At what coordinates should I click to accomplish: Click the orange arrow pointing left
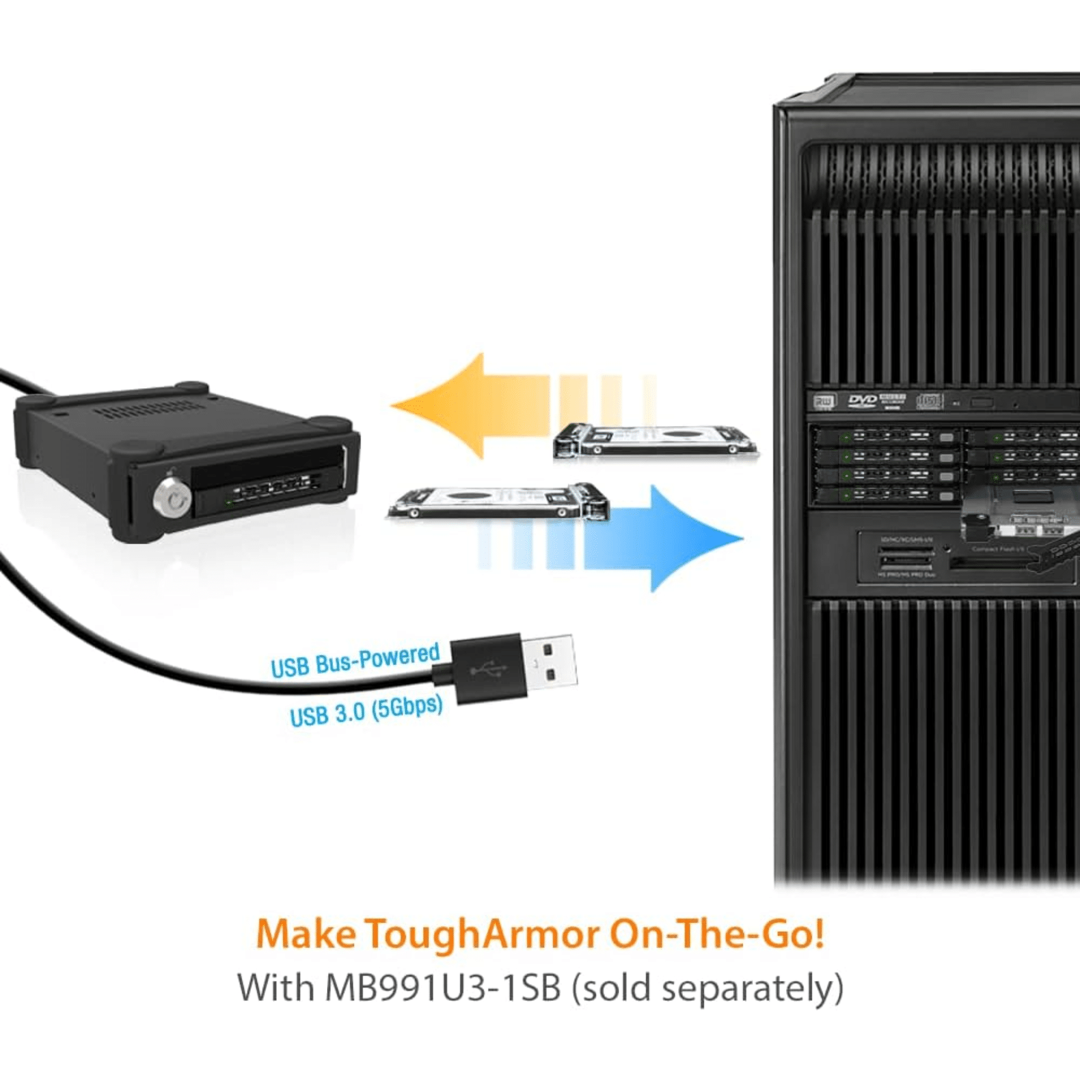(x=474, y=406)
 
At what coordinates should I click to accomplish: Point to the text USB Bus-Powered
(x=355, y=660)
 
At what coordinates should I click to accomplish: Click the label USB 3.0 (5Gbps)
(x=366, y=712)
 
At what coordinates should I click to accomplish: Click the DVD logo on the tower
(x=862, y=401)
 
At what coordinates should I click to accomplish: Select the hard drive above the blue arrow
(x=498, y=503)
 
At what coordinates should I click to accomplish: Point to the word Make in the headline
(x=305, y=934)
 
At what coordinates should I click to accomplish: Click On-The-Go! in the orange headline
(x=716, y=934)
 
